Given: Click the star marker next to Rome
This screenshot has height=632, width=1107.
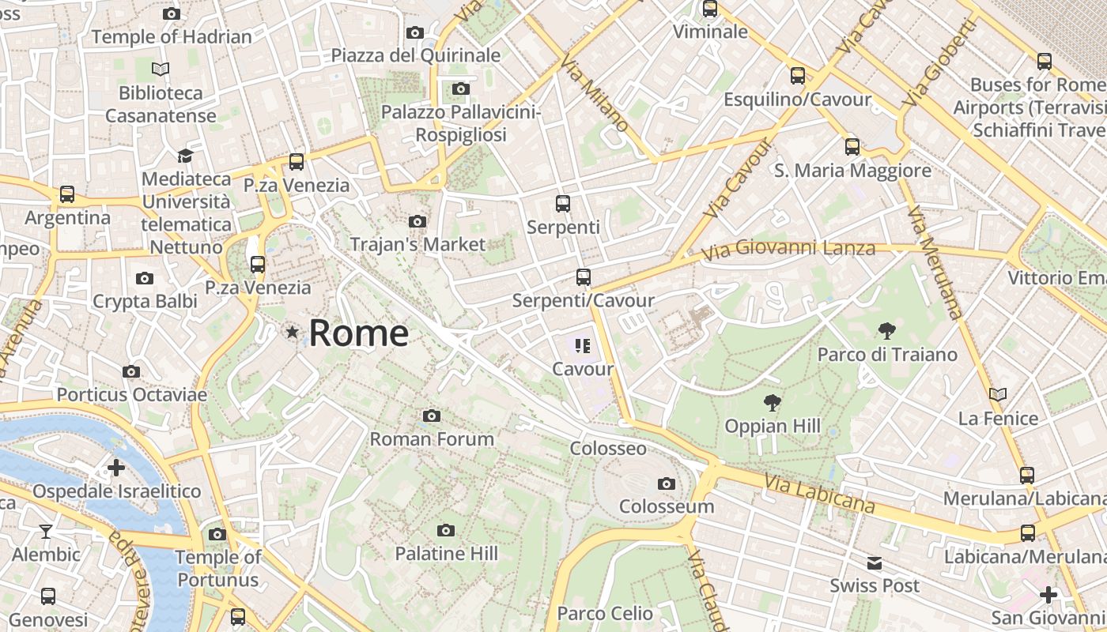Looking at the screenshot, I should (x=293, y=333).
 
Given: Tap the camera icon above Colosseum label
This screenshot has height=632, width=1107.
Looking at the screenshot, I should (x=667, y=483).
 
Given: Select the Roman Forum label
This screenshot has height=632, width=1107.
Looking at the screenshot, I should (x=432, y=438).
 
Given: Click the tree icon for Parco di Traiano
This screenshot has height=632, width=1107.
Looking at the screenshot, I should (x=887, y=331).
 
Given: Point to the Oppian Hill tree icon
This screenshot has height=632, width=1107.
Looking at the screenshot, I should (x=772, y=404).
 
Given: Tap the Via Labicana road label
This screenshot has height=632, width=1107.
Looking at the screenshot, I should (x=820, y=492).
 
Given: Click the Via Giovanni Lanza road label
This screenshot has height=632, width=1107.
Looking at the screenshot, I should (x=788, y=250).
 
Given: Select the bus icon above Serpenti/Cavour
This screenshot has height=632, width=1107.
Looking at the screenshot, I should (x=584, y=277).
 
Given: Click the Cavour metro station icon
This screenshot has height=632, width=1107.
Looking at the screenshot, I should (x=583, y=345).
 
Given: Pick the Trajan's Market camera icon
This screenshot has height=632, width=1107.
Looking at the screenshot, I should (x=417, y=222).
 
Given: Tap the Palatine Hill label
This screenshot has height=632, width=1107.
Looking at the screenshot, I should (x=447, y=554).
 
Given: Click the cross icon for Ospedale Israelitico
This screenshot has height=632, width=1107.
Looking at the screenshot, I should (x=116, y=468).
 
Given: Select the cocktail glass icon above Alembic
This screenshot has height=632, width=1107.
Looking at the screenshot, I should (x=46, y=531).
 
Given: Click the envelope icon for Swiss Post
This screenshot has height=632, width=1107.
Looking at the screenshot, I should (x=875, y=563).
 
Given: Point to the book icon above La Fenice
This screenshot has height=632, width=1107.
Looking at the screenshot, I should (x=998, y=394).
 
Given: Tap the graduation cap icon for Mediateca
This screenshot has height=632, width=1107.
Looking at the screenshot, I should (x=185, y=156).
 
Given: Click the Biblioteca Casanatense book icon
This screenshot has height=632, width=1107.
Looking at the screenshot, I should (x=161, y=70).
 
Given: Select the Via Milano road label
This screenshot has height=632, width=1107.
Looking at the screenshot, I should (x=595, y=93).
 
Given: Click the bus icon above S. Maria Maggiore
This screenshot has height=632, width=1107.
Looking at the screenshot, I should (x=852, y=147).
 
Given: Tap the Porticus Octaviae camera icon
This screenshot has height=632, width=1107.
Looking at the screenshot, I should (x=131, y=371).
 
